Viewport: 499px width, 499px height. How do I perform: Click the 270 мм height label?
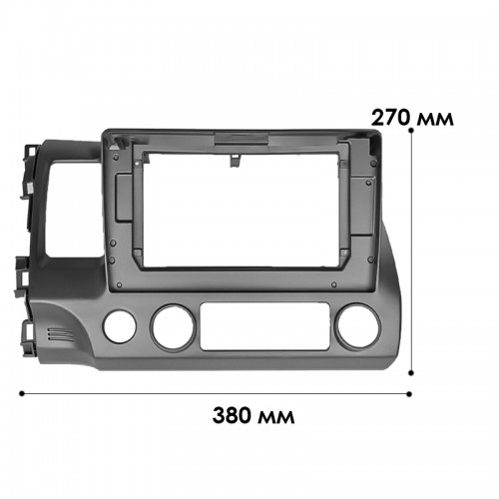pyautogui.click(x=412, y=118)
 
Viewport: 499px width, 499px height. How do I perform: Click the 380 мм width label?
pyautogui.click(x=253, y=415)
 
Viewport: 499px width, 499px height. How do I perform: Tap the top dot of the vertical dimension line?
pyautogui.click(x=411, y=131)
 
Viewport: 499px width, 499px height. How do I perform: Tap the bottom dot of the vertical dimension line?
pyautogui.click(x=411, y=373)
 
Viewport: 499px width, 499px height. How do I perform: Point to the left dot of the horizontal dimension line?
pyautogui.click(x=22, y=394)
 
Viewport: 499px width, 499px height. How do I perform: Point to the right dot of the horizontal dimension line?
pyautogui.click(x=409, y=394)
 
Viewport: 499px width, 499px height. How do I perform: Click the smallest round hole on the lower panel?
pyautogui.click(x=120, y=326)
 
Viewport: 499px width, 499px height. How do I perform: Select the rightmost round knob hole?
pyautogui.click(x=358, y=325)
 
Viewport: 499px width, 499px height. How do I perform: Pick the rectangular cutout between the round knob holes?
pyautogui.click(x=264, y=326)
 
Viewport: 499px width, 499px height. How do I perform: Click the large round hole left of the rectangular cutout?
pyautogui.click(x=173, y=327)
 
